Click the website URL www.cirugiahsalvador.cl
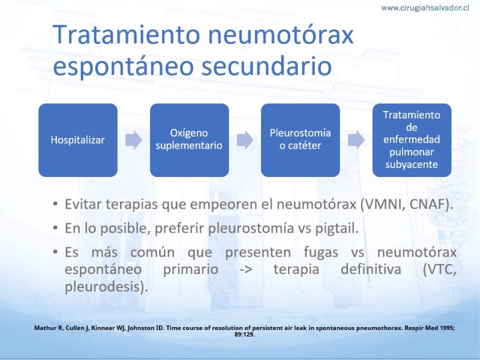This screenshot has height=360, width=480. point(425,8)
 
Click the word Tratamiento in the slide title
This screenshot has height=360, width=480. point(127,34)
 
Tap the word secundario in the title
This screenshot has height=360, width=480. point(266,66)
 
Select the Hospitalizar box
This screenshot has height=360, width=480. point(78,140)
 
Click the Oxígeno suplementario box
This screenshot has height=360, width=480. point(189,140)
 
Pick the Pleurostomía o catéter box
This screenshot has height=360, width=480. point(301,140)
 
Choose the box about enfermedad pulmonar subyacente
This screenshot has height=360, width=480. point(412,140)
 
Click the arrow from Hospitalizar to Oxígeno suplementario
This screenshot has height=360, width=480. point(134,140)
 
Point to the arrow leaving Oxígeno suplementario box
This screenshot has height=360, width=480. point(245,140)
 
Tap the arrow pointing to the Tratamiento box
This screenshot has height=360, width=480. point(356,140)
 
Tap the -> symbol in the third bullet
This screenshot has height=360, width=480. point(246,270)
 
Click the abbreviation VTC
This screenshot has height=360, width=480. point(441,269)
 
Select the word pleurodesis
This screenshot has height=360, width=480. point(103,287)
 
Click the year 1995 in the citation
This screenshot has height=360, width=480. point(447,328)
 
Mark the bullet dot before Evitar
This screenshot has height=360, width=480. point(55,204)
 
